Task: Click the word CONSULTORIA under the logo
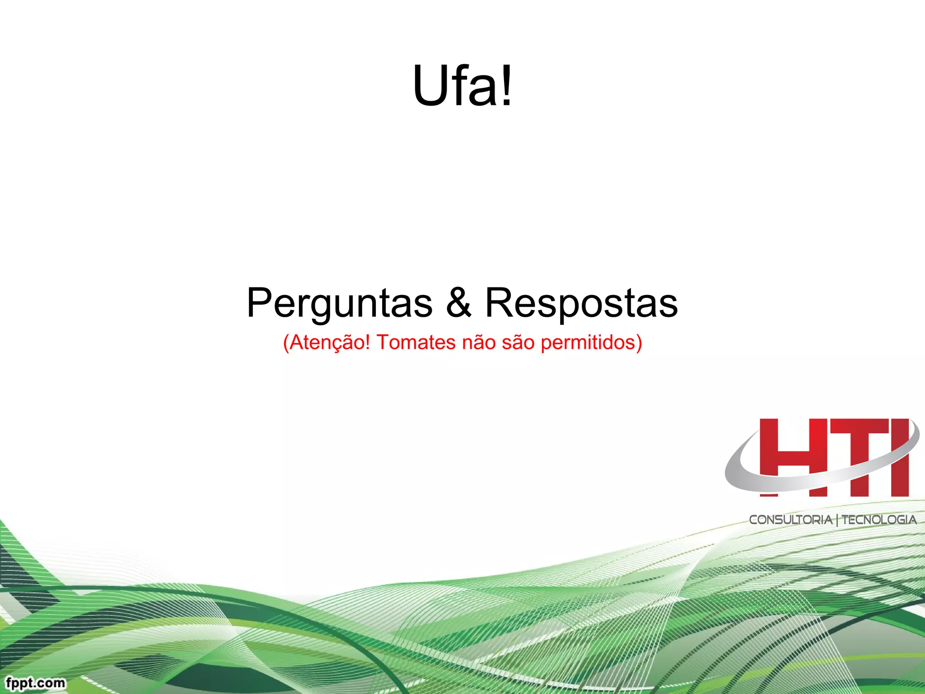coord(790,520)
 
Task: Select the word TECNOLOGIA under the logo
coord(879,520)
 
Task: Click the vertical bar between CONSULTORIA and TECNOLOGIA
coord(837,520)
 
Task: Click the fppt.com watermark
coord(36,683)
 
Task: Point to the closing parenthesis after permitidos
coord(639,342)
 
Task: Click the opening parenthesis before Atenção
coord(286,342)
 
